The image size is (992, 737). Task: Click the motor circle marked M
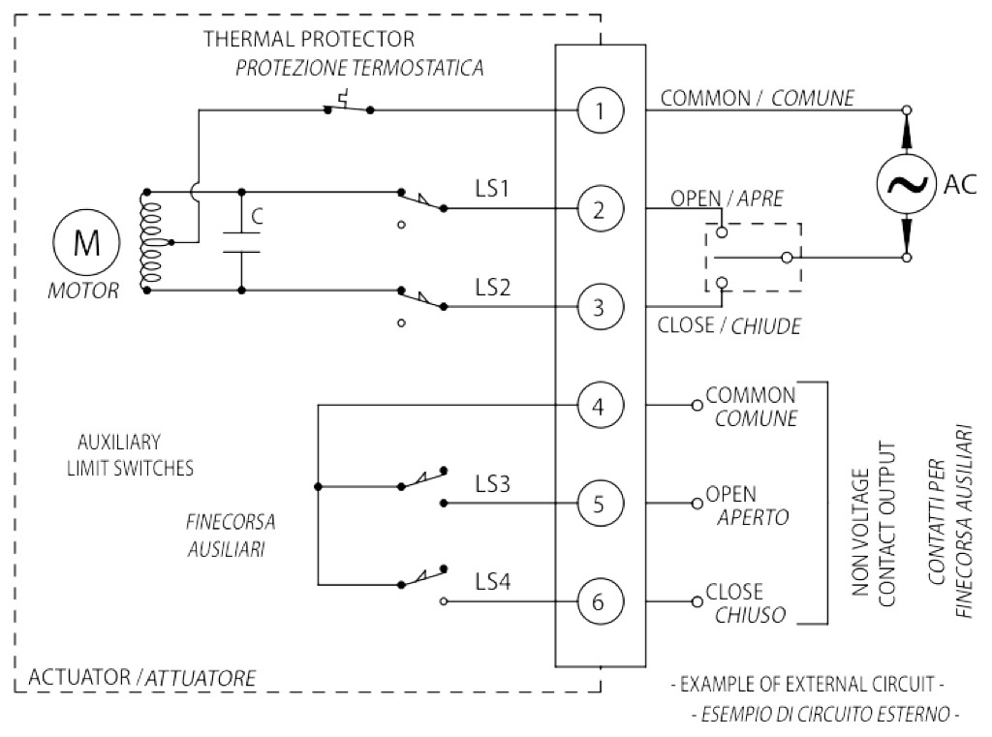click(87, 241)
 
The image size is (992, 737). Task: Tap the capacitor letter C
click(257, 218)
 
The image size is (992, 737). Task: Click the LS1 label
click(493, 188)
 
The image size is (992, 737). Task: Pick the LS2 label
click(493, 287)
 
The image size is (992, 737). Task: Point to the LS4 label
click(493, 581)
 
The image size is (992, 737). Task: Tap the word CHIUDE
click(765, 326)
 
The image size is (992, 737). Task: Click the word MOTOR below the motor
click(83, 291)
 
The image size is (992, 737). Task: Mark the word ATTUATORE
click(201, 678)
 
